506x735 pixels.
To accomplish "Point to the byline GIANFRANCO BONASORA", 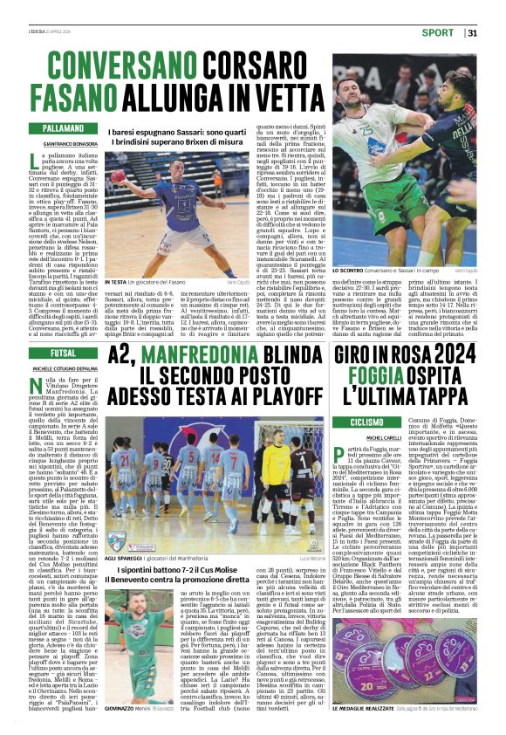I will pos(71,143).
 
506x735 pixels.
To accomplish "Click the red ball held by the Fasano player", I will pos(118,175).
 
